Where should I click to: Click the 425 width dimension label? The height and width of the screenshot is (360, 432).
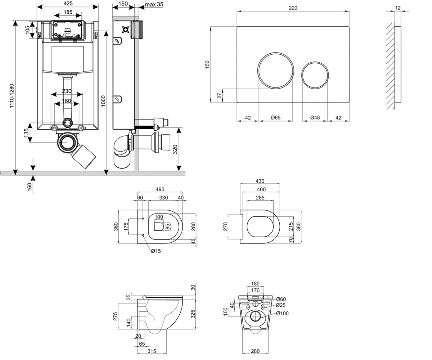(68, 4)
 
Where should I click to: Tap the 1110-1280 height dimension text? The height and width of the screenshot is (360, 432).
(12, 96)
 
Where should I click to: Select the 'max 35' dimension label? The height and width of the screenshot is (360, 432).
(154, 4)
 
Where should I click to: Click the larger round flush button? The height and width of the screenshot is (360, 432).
(276, 71)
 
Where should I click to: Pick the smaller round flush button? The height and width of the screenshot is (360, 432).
(315, 75)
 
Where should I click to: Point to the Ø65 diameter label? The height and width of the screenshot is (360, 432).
(276, 117)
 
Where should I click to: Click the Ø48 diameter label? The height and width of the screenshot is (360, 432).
(315, 117)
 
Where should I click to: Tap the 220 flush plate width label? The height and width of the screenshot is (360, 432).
(293, 8)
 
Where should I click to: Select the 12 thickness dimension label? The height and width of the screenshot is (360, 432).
(398, 8)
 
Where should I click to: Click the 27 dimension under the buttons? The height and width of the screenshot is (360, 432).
(219, 96)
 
